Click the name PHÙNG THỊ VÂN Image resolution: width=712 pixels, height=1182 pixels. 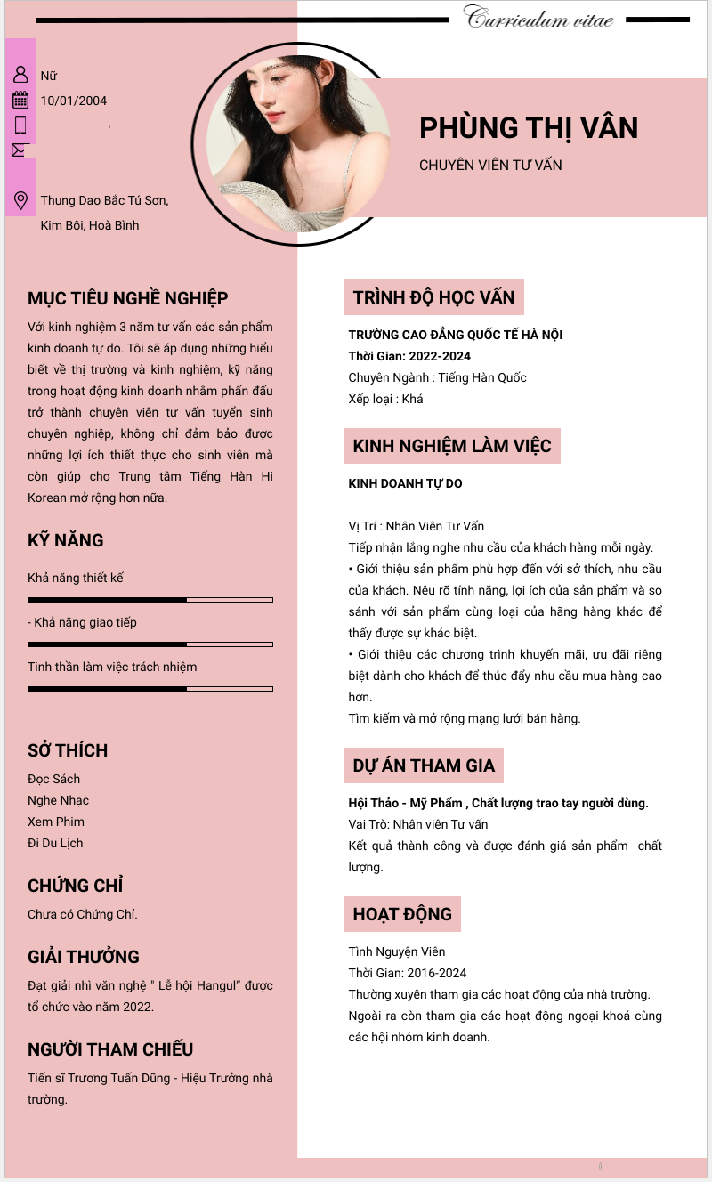point(529,128)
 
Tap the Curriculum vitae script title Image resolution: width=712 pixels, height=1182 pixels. point(538,18)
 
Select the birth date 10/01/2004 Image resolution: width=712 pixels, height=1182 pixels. point(74,101)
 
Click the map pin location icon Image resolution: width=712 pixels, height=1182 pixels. point(20,200)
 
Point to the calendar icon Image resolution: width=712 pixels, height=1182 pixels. point(20,100)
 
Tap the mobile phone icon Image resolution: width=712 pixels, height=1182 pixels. point(20,125)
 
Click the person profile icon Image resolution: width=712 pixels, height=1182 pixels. point(20,75)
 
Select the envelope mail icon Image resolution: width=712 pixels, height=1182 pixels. point(20,150)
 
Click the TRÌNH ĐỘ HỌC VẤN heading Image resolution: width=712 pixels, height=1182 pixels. point(433,297)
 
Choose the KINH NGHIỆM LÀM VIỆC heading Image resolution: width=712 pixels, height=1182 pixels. point(452,446)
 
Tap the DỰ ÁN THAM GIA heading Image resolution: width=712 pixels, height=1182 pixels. point(424,765)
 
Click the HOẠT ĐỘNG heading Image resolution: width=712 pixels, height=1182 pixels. point(402,914)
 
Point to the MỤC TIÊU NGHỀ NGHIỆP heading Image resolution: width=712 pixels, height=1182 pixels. point(128,298)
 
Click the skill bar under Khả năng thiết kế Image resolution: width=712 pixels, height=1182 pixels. point(150,600)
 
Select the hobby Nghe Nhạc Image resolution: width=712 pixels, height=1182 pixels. point(59,800)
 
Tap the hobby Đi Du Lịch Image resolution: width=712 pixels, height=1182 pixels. point(55,843)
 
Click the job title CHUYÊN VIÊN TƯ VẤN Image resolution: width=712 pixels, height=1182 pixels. point(490,165)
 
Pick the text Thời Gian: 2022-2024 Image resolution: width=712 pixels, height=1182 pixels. point(409,356)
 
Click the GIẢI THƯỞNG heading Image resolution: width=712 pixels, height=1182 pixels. point(84,957)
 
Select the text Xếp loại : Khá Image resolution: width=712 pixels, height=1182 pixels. point(385,399)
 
